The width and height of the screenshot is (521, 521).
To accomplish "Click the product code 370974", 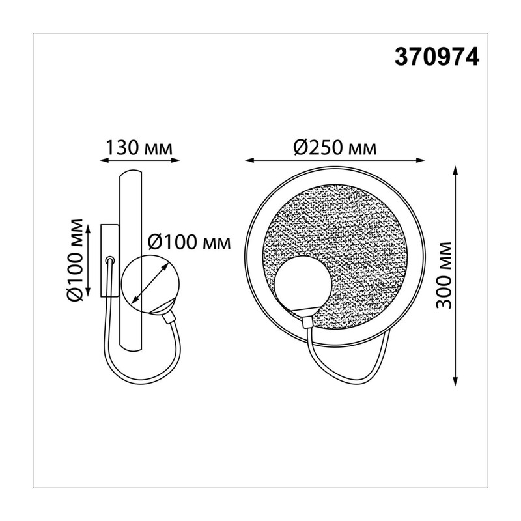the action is [436, 57].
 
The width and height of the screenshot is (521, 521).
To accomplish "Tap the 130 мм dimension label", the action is [139, 148].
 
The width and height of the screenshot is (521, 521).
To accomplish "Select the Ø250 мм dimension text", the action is [335, 148].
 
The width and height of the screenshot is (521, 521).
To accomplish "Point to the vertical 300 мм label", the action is [444, 275].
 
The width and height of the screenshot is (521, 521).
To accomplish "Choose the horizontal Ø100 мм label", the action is [189, 242].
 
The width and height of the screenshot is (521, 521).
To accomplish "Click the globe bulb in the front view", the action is [303, 283].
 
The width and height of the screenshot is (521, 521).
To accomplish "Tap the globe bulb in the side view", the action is [150, 284].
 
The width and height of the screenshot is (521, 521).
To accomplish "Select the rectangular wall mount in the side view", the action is [109, 260].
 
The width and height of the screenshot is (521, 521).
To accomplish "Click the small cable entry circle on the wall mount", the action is [110, 260].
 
